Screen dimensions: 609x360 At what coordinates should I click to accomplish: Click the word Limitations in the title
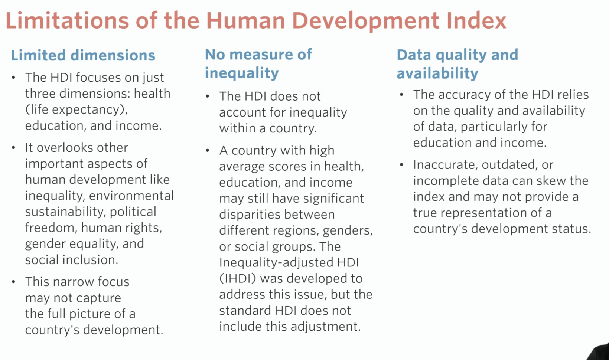(x=67, y=21)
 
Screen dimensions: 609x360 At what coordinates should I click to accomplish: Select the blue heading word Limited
(x=38, y=55)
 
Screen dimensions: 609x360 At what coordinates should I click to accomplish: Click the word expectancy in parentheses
(x=90, y=110)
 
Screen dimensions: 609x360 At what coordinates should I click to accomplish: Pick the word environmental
(x=131, y=196)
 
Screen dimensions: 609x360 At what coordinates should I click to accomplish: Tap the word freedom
(x=49, y=228)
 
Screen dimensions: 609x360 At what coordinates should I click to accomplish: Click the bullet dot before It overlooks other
(x=14, y=148)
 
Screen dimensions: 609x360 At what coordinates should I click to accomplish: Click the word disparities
(x=250, y=215)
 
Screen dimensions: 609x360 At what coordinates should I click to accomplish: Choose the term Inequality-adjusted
(x=276, y=263)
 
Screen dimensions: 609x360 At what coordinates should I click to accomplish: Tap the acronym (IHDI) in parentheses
(x=238, y=278)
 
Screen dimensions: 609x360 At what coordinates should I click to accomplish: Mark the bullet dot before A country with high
(x=208, y=150)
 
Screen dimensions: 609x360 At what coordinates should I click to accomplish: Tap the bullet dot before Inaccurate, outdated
(x=401, y=165)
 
